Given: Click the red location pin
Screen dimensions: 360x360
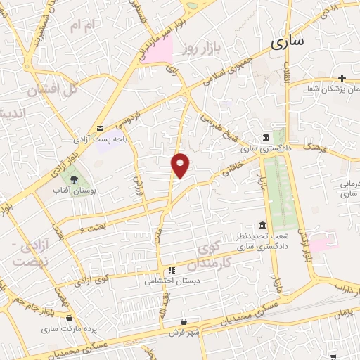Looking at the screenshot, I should [181, 165].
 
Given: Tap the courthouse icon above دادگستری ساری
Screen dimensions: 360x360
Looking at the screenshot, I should [266, 137].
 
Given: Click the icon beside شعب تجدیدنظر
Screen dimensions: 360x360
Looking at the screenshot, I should [262, 225].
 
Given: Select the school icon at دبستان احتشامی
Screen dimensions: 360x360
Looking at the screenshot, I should [171, 269].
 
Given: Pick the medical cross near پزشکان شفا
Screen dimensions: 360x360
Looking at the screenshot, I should [342, 77].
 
